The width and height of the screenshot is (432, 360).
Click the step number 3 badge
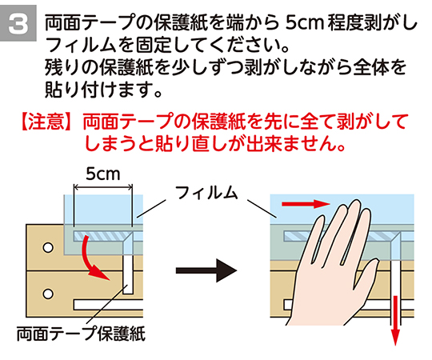click(18, 23)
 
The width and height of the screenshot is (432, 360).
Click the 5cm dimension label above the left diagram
click(103, 174)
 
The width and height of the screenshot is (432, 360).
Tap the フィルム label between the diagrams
click(206, 192)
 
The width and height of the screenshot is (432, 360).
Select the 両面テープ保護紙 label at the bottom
click(81, 334)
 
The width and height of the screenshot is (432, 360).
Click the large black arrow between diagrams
click(206, 270)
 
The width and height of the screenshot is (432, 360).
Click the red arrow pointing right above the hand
click(306, 204)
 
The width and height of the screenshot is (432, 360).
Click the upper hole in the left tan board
click(48, 247)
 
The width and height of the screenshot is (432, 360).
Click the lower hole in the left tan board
click(48, 294)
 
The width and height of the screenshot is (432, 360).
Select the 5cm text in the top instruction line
click(304, 23)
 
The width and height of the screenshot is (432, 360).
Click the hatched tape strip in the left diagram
click(101, 236)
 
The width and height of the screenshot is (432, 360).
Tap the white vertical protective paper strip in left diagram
click(128, 274)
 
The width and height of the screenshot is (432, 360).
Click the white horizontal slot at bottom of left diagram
click(108, 305)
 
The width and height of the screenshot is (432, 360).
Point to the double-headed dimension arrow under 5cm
click(103, 188)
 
